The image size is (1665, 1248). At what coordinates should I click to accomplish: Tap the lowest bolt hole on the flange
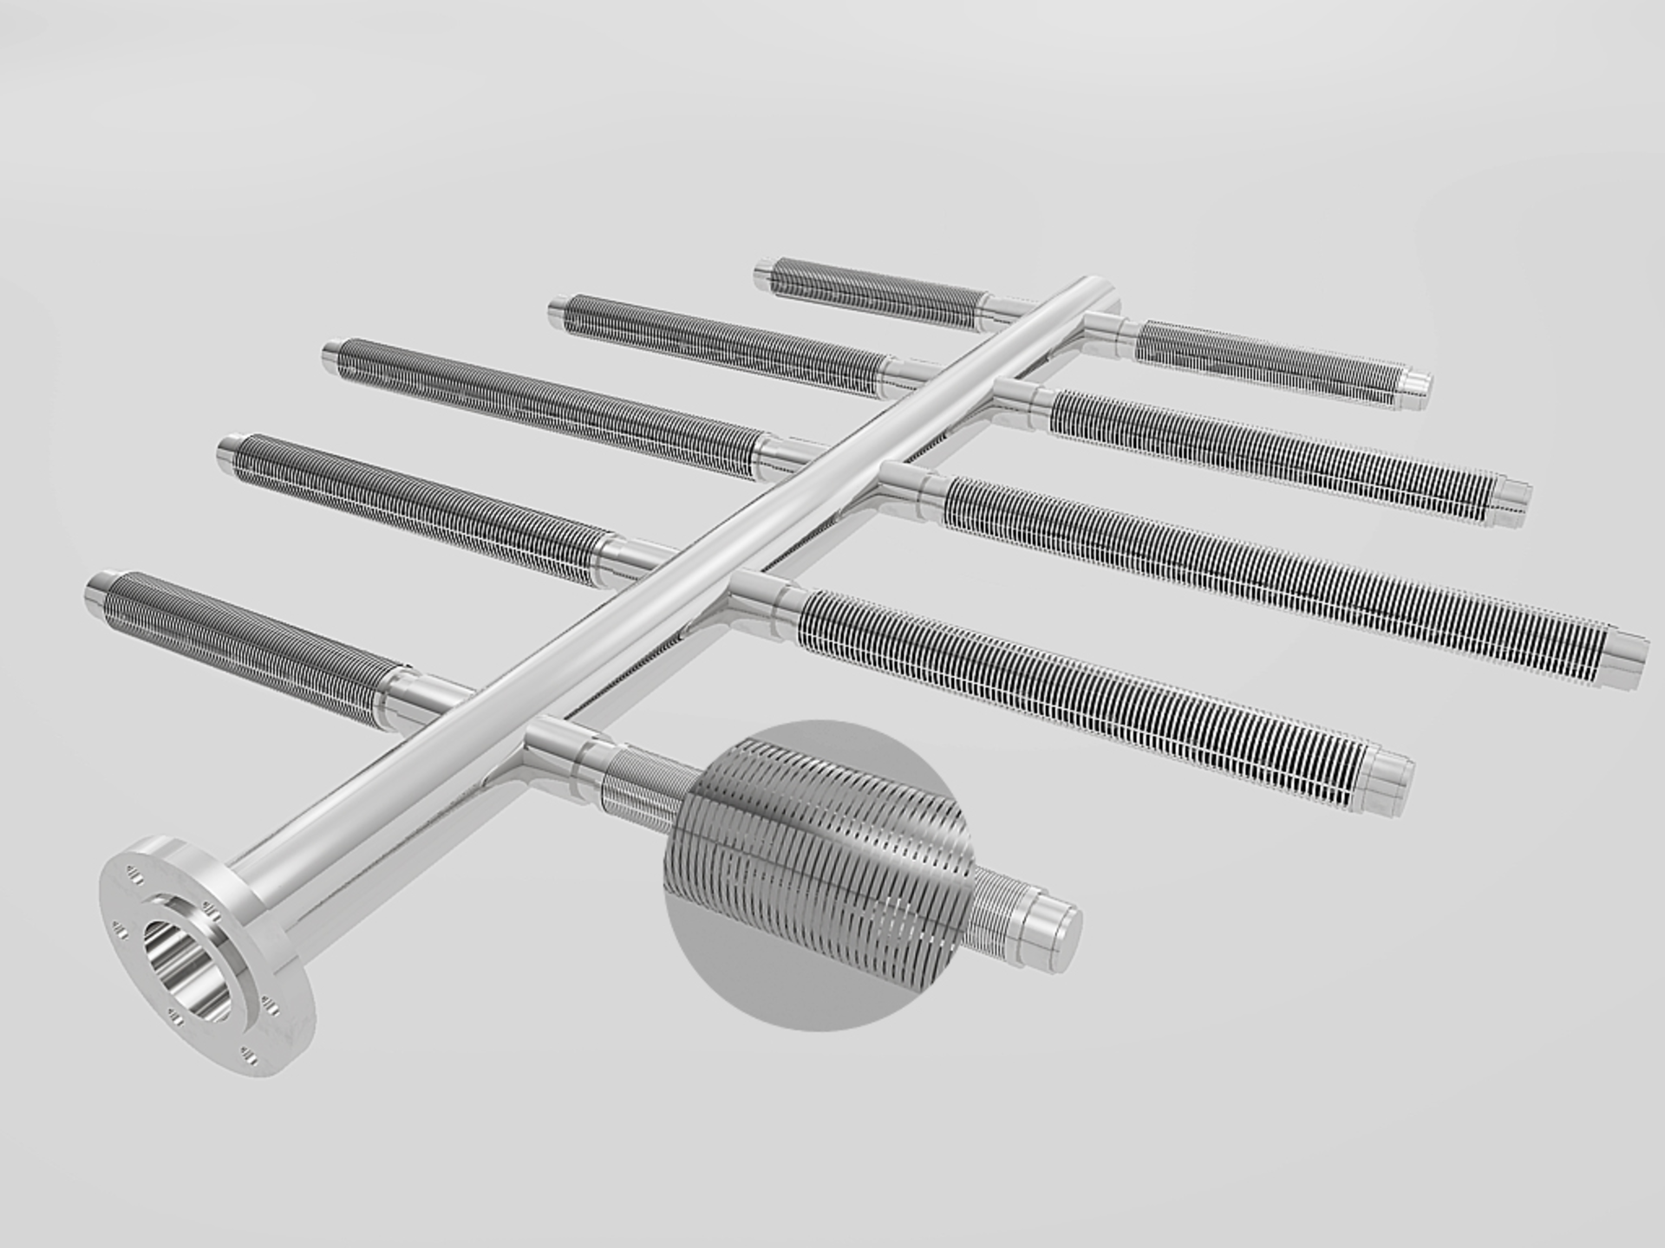point(251,1056)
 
